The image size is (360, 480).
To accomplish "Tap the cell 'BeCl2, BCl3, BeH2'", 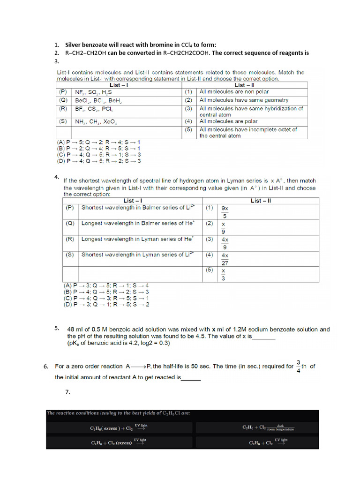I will pos(98,100).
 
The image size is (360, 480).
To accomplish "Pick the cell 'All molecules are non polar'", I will pos(234,92).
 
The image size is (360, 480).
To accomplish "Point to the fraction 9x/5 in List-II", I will pos(224,212).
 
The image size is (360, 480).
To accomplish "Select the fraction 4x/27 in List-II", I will pos(225,259).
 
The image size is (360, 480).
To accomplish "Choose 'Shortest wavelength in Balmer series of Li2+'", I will pos(138,207).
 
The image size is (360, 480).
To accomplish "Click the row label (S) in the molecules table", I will pos(63,121).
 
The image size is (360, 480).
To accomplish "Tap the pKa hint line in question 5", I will pos(119,343).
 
